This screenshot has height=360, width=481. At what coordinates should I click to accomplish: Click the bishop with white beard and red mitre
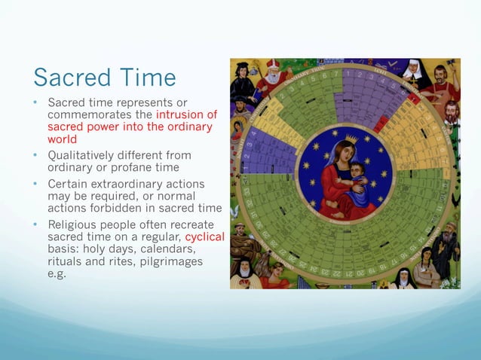pyautogui.click(x=271, y=72)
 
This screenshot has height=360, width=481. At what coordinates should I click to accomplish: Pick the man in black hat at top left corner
pyautogui.click(x=244, y=83)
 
